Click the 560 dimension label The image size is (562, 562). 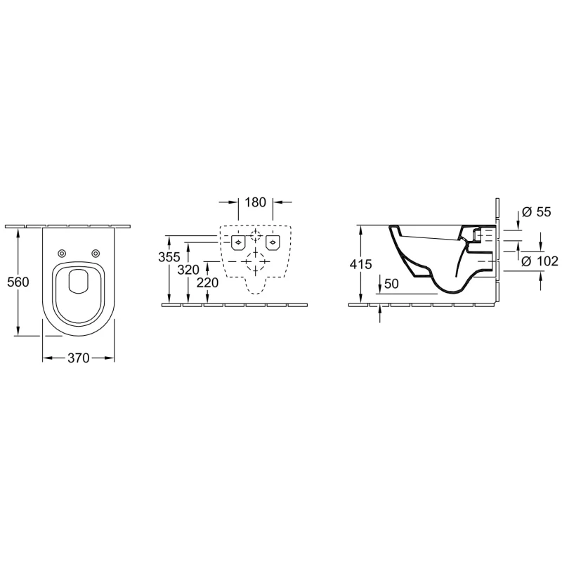(18, 282)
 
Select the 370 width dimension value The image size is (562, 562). (79, 358)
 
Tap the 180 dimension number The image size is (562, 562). (255, 202)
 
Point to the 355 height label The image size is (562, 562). (169, 257)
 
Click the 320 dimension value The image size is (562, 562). (188, 270)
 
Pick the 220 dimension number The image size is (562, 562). (207, 283)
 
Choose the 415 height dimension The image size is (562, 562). (361, 265)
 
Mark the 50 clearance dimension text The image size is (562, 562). (391, 284)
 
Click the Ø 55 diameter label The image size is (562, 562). (537, 212)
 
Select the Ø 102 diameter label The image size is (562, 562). (540, 261)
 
